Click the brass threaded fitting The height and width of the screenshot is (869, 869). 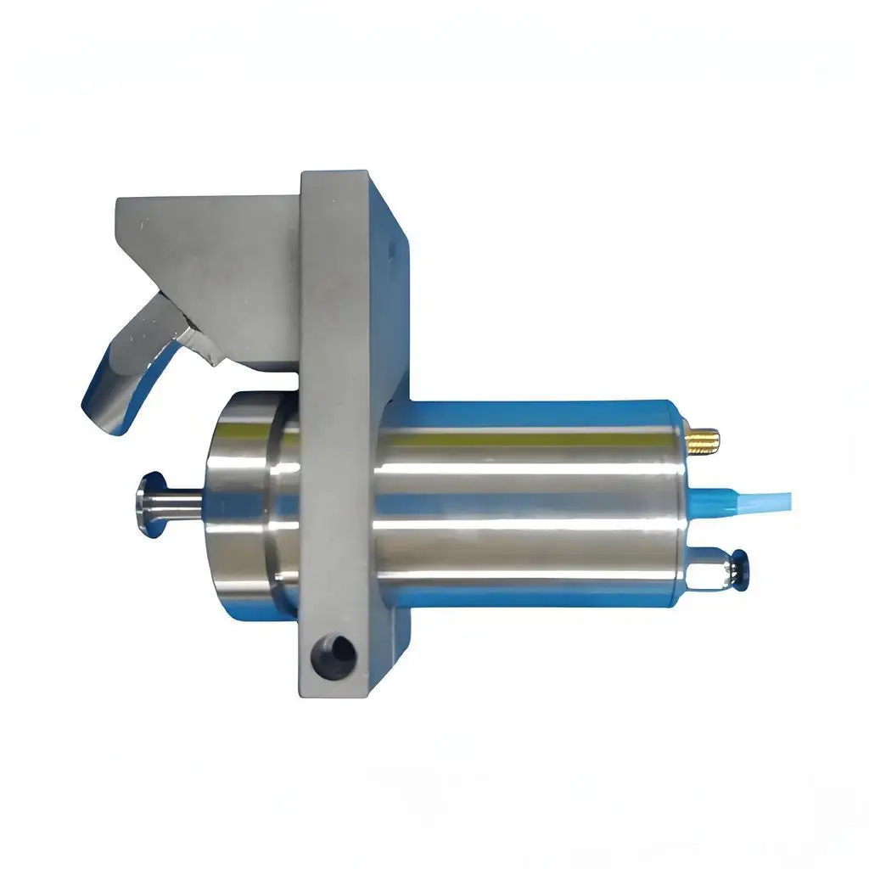coord(704,440)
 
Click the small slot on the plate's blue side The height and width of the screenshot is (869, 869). coord(390,249)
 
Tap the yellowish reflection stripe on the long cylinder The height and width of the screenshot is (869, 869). coord(526,439)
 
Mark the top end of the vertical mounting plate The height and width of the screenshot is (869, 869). coord(334,176)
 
